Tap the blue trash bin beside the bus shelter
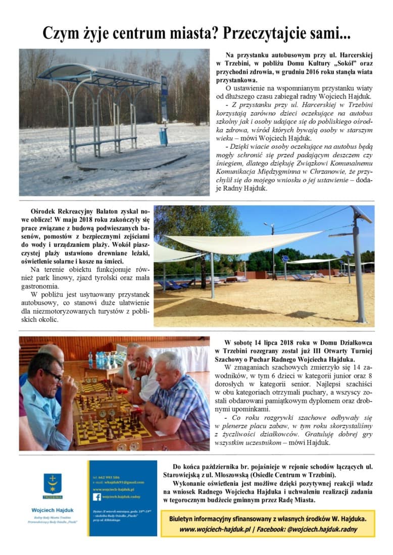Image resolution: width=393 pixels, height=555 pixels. [163, 136]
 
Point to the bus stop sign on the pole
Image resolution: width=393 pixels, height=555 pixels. [164, 98]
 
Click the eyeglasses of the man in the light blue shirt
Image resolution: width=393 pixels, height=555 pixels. [53, 375]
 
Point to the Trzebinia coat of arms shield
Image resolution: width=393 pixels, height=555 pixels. [53, 484]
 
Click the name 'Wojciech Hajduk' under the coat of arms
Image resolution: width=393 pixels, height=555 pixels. [52, 510]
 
